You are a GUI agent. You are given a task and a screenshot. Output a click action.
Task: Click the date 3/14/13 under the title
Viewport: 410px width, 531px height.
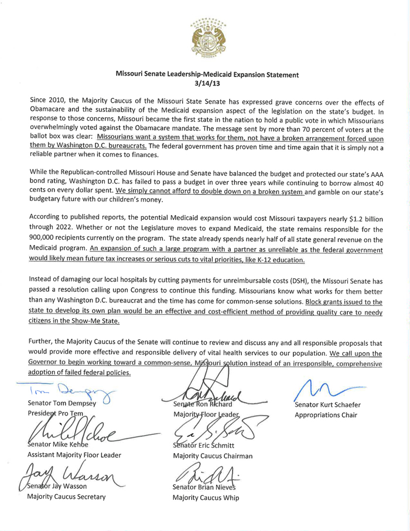[x=207, y=84]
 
